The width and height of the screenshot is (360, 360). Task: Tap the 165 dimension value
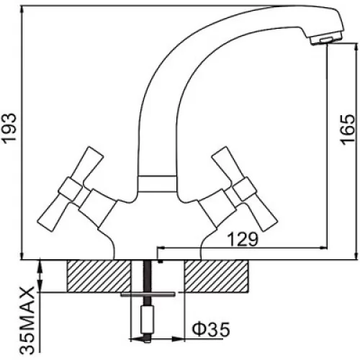coord(347,130)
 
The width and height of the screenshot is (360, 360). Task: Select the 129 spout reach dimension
coord(243,239)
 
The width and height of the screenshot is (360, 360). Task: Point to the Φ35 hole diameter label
coord(211,329)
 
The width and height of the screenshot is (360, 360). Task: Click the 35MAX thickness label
coord(27,321)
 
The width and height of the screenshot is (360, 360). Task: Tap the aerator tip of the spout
coord(326,40)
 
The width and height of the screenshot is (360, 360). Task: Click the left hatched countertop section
coord(99,276)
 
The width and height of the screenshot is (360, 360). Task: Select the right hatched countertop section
coord(217,276)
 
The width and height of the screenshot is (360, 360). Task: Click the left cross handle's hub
coord(71,189)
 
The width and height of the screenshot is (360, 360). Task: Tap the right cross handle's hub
coord(244,189)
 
